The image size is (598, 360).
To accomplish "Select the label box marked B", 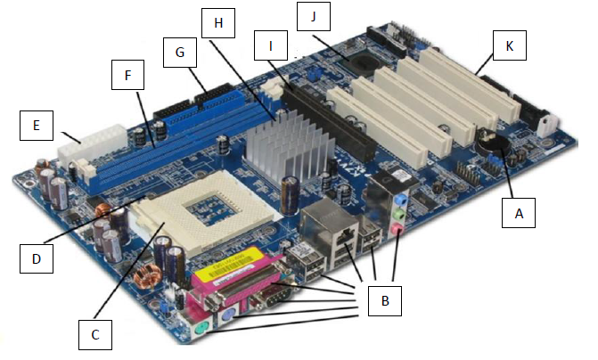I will [385, 299].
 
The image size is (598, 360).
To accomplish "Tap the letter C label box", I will [94, 334].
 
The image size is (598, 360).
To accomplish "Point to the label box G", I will [180, 53].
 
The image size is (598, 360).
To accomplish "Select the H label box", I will [218, 23].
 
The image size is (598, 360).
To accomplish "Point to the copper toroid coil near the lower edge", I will [144, 276].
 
